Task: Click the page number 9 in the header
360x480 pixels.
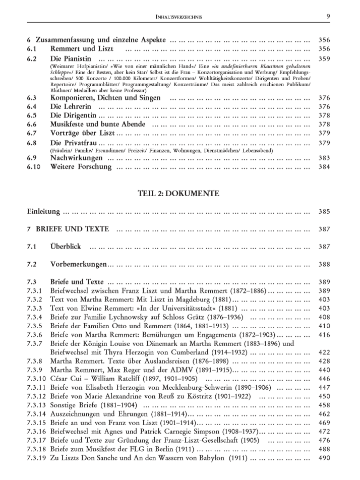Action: click(328, 17)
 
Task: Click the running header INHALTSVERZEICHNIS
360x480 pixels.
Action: click(179, 17)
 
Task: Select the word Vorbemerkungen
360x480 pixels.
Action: click(79, 264)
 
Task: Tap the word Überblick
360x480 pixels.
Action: click(66, 247)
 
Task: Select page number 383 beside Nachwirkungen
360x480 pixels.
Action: click(324, 158)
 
